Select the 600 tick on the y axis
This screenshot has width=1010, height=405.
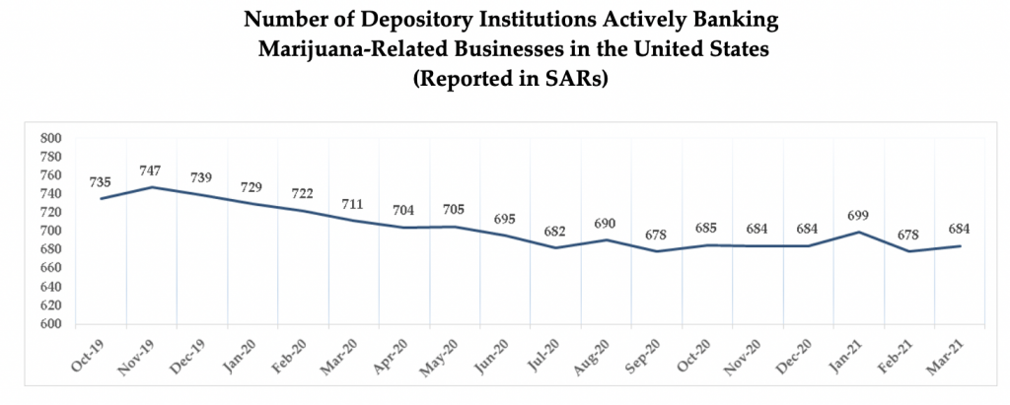[x=50, y=324]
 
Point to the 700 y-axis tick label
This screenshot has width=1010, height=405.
[x=50, y=232]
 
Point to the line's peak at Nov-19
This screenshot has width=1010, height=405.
[x=152, y=187]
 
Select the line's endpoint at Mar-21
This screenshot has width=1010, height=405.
[x=959, y=245]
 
